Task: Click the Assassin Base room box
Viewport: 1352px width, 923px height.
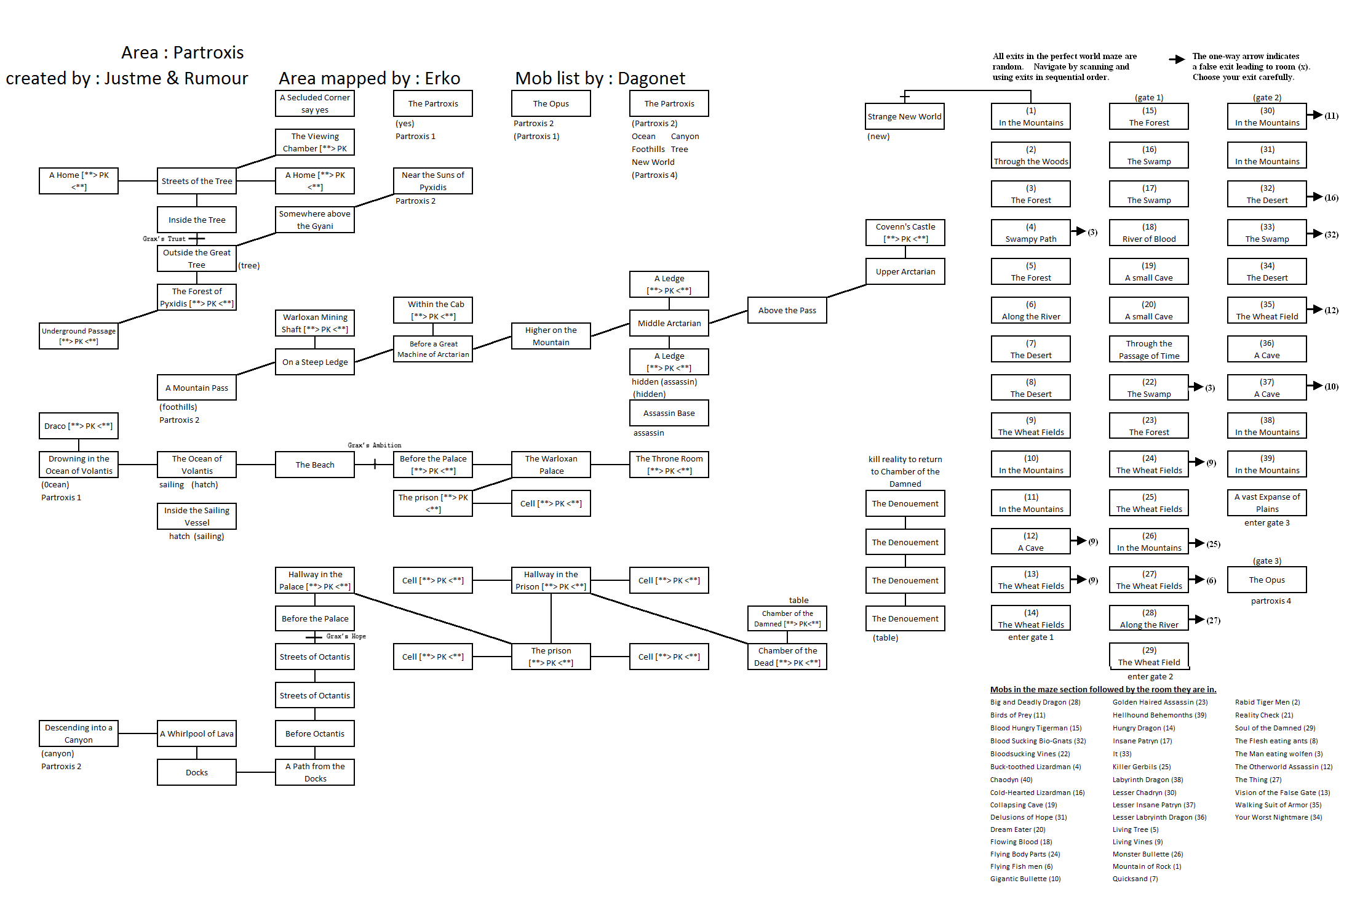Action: tap(669, 413)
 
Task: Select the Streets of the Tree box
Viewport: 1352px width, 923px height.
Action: tap(197, 181)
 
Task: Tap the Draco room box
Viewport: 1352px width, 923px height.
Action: tap(79, 426)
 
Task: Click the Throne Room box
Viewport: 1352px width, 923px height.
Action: tap(669, 465)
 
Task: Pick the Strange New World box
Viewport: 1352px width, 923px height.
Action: tap(904, 116)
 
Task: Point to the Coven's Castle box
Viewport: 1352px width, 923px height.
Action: tap(905, 233)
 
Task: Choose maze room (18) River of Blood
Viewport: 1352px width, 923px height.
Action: tap(1148, 233)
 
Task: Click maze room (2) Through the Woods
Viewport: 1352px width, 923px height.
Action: tap(1031, 155)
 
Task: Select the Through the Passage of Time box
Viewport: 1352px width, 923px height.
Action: tap(1148, 350)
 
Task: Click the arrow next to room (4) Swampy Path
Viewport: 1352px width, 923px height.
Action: tap(1078, 231)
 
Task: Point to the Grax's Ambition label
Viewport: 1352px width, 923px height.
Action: tap(374, 446)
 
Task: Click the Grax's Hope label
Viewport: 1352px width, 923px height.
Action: tap(346, 636)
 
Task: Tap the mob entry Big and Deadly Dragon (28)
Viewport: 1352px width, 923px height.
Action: tap(1035, 702)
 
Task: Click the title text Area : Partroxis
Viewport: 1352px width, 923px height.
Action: tap(182, 52)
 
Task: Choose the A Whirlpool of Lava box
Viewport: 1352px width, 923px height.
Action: tap(197, 733)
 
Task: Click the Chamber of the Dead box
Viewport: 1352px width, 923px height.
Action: tap(787, 657)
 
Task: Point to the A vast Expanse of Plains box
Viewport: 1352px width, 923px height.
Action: tap(1267, 503)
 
